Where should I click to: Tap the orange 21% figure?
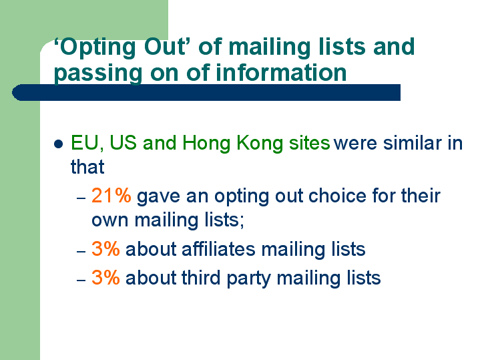[x=111, y=196]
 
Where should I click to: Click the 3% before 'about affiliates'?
[x=105, y=248]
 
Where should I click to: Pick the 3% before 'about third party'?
[x=105, y=278]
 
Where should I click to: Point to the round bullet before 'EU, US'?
[x=59, y=144]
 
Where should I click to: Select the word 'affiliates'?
[x=218, y=248]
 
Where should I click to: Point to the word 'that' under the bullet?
[x=87, y=167]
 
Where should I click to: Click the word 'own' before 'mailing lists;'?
[x=110, y=220]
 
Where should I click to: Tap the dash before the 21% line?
[x=81, y=198]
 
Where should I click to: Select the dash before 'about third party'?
[x=81, y=281]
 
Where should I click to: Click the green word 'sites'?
[x=310, y=143]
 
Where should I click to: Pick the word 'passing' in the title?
[x=98, y=73]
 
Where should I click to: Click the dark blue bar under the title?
[x=206, y=93]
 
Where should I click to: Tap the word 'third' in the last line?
[x=201, y=278]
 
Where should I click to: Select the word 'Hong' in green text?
[x=206, y=144]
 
